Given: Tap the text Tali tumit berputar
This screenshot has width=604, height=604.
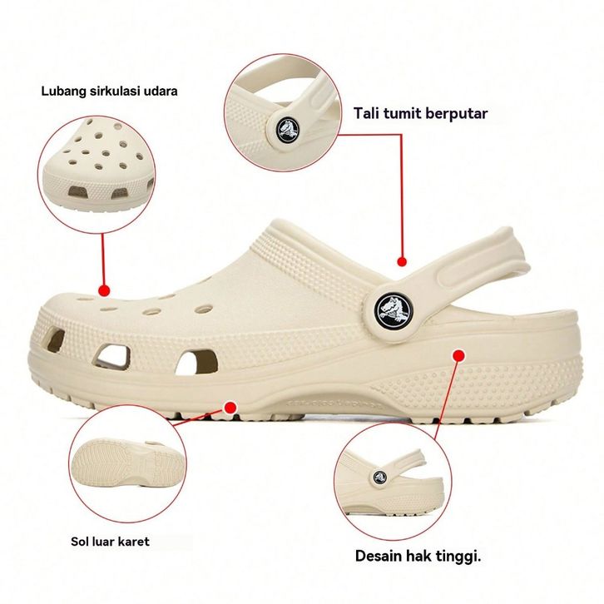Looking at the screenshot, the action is click(420, 113).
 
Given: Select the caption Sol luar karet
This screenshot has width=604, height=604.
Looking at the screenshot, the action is click(110, 541).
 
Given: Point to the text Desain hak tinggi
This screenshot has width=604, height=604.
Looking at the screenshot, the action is click(418, 555).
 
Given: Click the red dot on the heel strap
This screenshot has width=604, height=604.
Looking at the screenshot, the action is click(403, 261).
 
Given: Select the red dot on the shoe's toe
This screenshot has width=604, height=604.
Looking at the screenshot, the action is click(104, 290).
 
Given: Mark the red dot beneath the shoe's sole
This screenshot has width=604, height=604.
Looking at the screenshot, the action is click(230, 407).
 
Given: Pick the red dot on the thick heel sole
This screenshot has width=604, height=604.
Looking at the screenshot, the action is click(458, 355).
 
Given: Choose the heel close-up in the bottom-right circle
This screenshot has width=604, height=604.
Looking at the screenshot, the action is click(387, 483).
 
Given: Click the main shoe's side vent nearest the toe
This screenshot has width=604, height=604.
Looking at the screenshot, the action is click(53, 340).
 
